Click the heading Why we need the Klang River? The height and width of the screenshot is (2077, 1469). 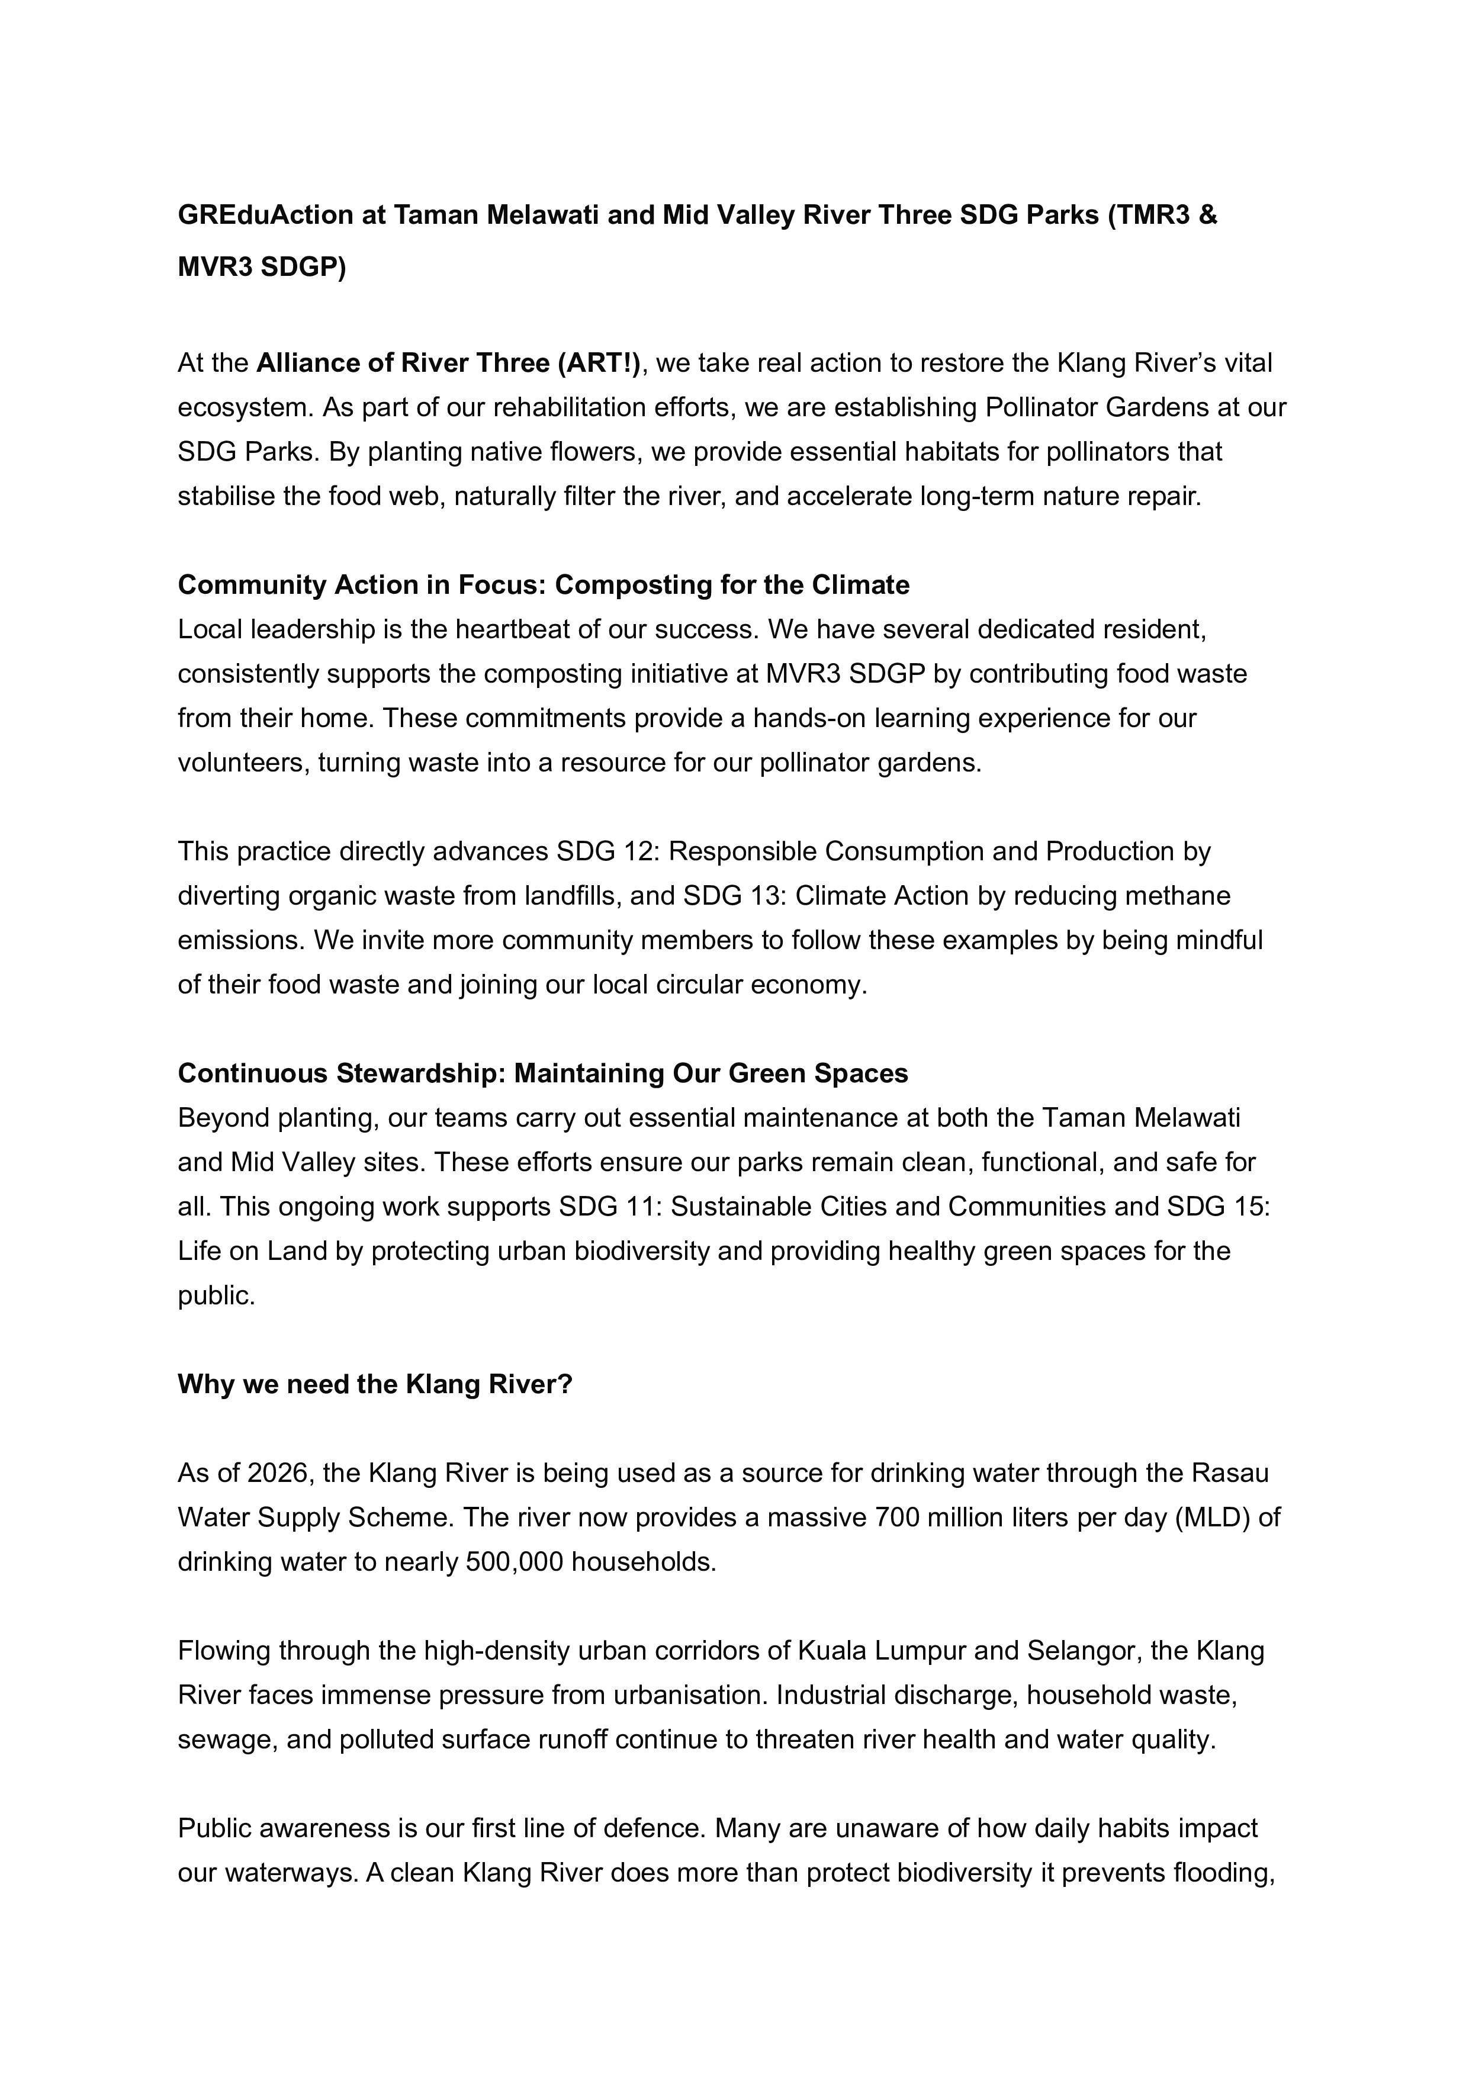[375, 1385]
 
